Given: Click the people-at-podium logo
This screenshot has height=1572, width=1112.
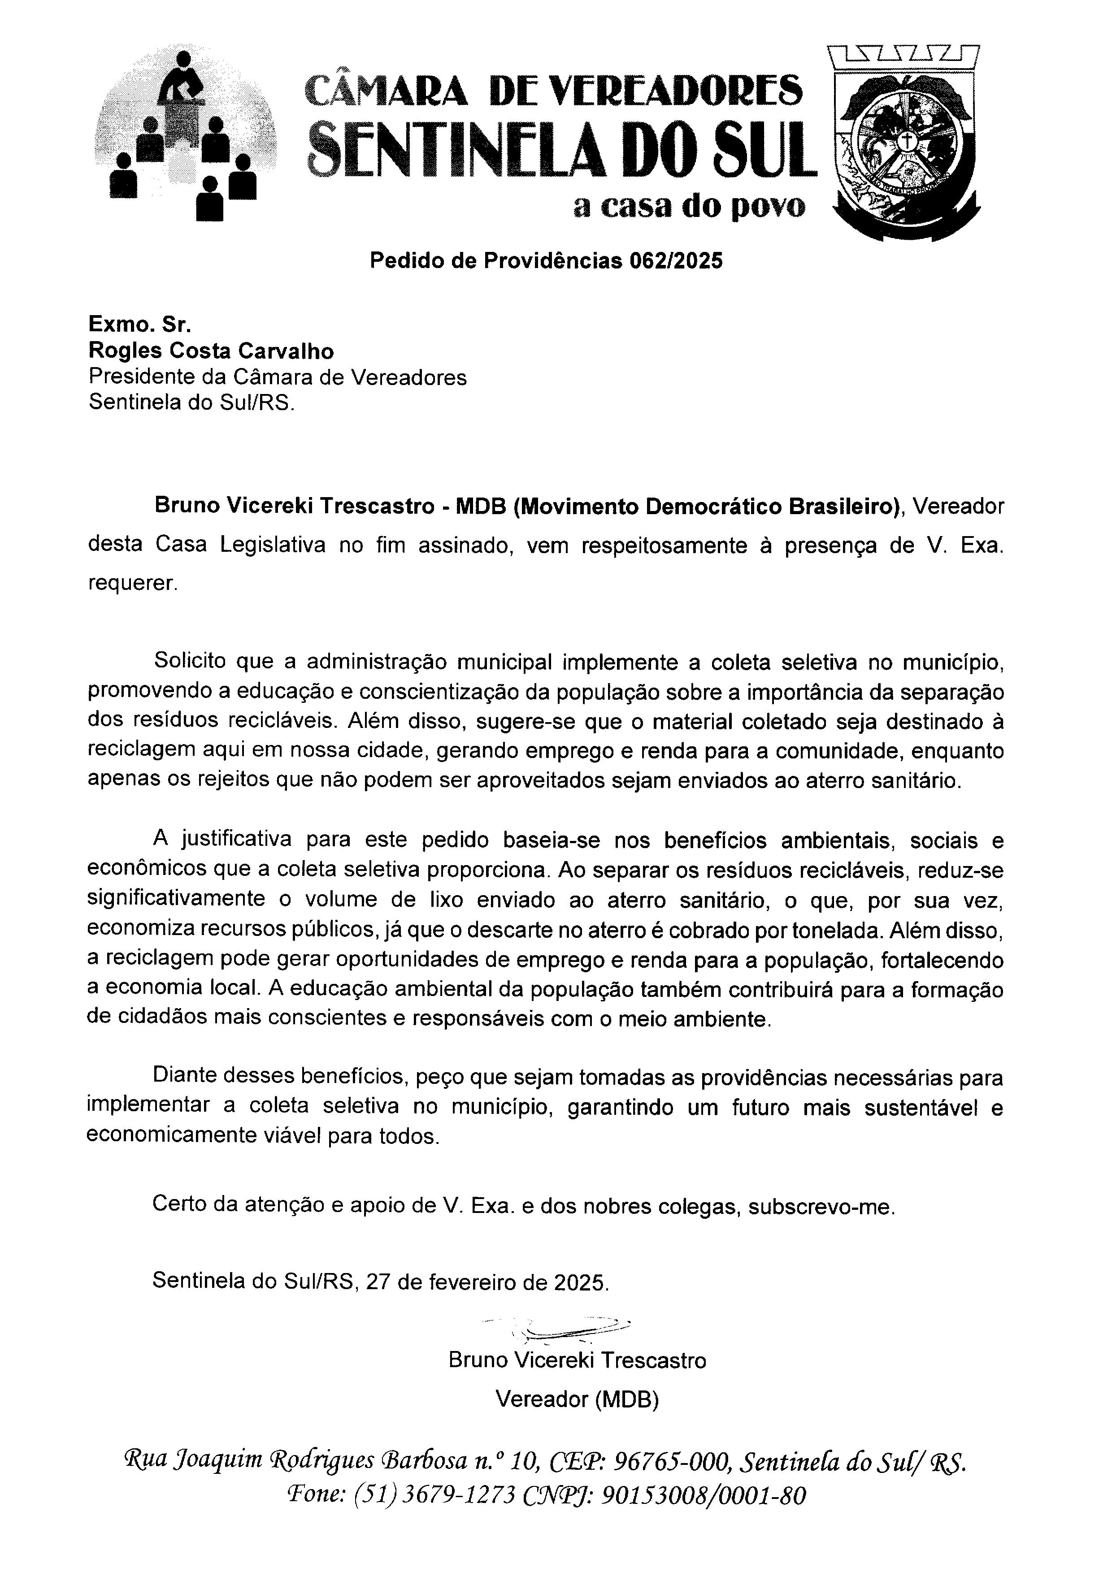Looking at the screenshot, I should coord(186,135).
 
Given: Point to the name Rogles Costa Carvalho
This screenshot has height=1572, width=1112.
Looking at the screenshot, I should coord(211,351).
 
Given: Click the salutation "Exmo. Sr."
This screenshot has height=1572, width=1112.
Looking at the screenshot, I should coord(139,324).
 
